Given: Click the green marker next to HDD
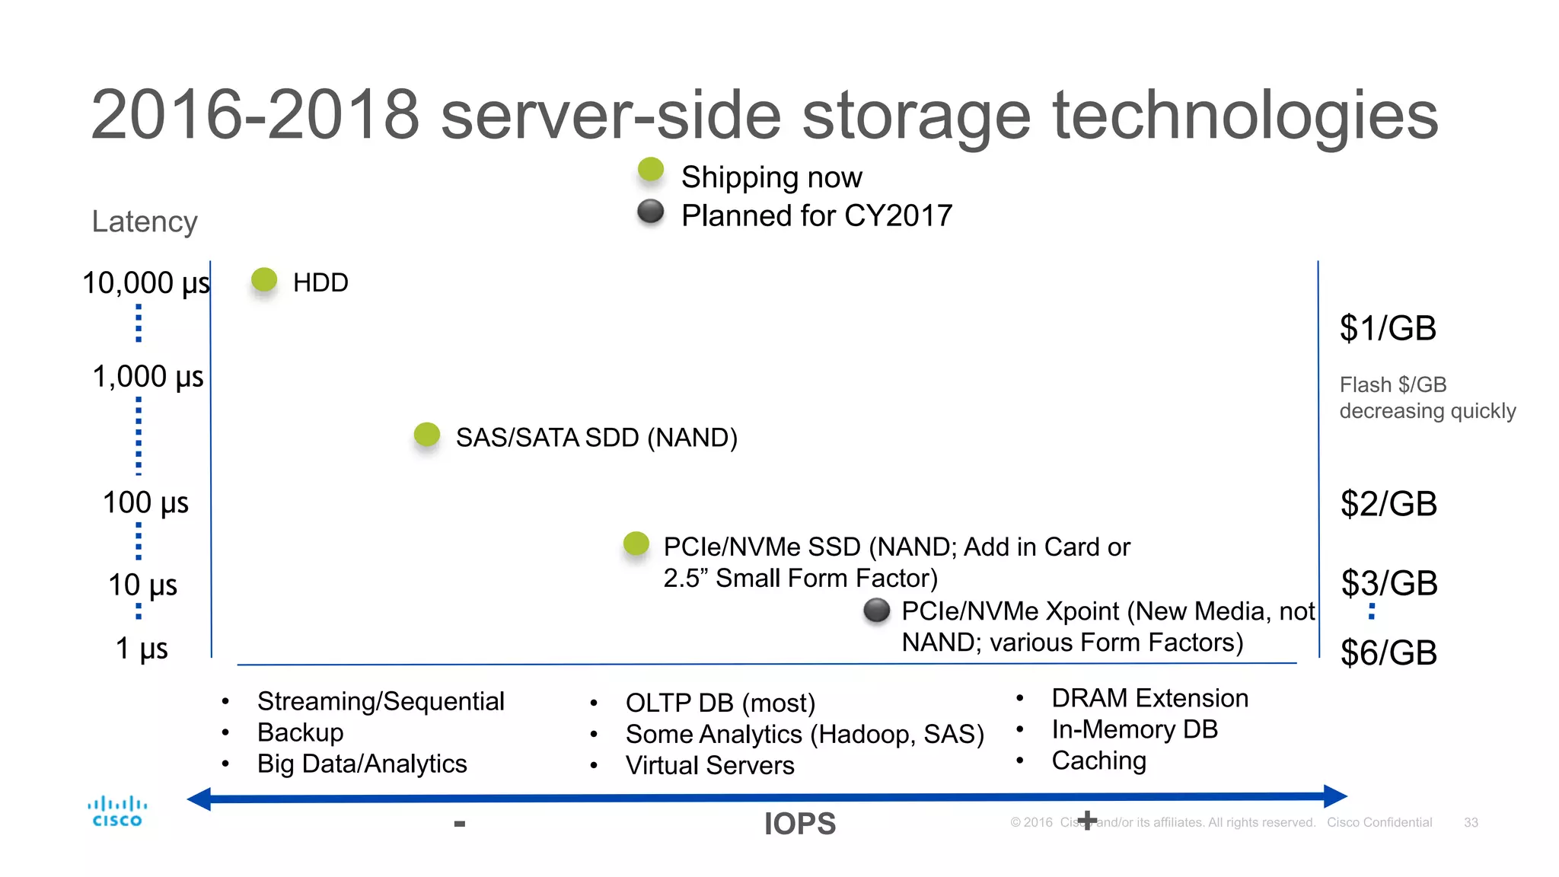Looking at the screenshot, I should coord(264,280).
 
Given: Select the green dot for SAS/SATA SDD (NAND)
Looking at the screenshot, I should coord(427,435).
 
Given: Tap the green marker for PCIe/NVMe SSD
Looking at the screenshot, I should coord(636,544).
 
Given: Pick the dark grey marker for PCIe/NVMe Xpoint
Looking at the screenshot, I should coord(877,610).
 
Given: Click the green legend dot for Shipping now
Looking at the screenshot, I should coord(651,169).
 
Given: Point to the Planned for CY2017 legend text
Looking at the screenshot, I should coord(816,215).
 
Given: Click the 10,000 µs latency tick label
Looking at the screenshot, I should coord(145,283).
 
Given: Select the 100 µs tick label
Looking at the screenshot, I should coord(145,502).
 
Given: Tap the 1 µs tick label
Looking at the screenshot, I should coord(142,649).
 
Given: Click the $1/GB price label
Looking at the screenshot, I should coord(1388,328).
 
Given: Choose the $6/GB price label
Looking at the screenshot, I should coord(1388,652).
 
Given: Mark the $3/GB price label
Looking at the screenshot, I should coord(1389,583).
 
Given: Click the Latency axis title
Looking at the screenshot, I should coord(145,222).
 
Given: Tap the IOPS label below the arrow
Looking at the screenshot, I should coord(799,824).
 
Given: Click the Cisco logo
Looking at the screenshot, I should coord(117,812).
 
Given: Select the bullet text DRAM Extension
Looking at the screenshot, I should coord(1149,698).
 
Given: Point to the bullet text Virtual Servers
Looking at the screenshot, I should coord(709,765).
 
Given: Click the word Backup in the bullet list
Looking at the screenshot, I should coord(300,732).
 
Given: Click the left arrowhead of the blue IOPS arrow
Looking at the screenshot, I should coord(199,799).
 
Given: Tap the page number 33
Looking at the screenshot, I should coord(1471,822).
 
